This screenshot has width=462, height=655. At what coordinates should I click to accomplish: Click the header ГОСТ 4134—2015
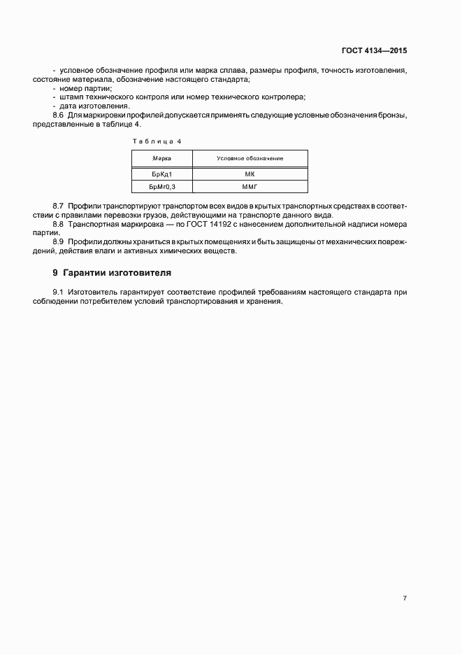pos(374,51)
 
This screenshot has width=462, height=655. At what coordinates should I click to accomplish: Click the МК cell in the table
pos(250,174)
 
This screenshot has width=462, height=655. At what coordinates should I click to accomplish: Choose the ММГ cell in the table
pos(250,187)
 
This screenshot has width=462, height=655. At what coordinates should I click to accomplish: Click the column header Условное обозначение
pos(250,159)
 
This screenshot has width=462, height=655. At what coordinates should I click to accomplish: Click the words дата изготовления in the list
pos(94,106)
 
